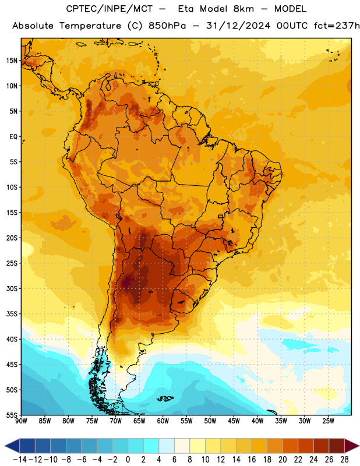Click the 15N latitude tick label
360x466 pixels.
tap(12, 61)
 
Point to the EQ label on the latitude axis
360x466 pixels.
tap(13, 137)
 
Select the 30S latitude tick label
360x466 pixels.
tap(12, 288)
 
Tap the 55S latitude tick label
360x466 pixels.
tap(12, 415)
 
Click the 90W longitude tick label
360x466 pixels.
tap(22, 421)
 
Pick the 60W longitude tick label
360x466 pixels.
tap(163, 421)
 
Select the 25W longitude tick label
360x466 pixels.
tap(328, 421)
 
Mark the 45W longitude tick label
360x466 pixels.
tap(234, 421)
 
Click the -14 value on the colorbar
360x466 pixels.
tap(20, 460)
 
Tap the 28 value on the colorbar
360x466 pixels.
tap(344, 460)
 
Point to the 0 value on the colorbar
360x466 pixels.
tap(128, 460)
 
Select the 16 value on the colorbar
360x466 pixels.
tap(252, 460)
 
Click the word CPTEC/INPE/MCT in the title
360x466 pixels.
tap(109, 9)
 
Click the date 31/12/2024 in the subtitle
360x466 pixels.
tap(238, 26)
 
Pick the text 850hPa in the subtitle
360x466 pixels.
tap(167, 26)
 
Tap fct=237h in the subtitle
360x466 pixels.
tap(337, 26)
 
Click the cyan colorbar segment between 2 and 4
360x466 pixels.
tap(151, 446)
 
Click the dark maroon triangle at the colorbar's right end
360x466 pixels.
tap(351, 446)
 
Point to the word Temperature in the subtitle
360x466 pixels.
tap(90, 26)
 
